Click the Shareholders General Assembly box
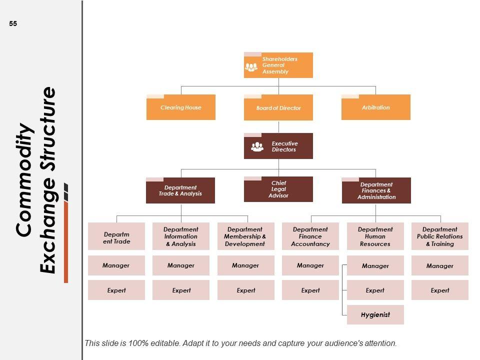coord(278,65)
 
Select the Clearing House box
coord(180,107)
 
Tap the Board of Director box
coord(278,108)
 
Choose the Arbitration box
coord(375,107)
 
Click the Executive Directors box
coord(278,146)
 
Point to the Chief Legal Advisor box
coord(278,189)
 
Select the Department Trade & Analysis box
coord(180,190)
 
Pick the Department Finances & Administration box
coord(376,190)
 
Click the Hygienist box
coord(375,314)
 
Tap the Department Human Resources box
coord(375,236)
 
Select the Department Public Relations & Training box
coord(440,236)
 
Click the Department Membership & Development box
coord(245,236)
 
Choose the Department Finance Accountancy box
coord(310,236)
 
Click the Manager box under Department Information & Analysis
coord(181,265)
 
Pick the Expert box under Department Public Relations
coord(440,290)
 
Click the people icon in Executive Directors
coord(257,146)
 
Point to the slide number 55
coord(13,23)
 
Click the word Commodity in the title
coord(24,180)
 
